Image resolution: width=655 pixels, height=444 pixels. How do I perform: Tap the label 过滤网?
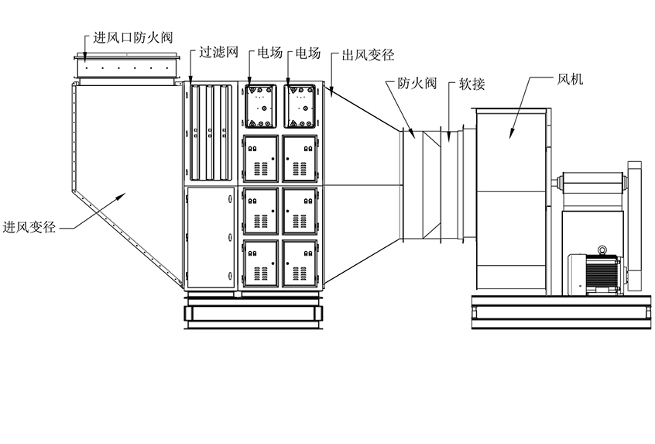(x=218, y=53)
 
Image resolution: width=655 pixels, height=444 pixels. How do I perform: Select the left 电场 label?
(x=269, y=53)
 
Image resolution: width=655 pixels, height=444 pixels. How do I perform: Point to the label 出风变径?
(x=368, y=55)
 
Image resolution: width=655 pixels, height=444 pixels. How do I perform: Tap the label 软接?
(x=472, y=83)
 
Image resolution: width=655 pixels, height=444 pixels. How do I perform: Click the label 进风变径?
(x=29, y=227)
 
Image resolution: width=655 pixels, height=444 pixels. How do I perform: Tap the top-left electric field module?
(x=261, y=108)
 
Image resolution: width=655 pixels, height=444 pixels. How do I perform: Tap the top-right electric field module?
(x=300, y=108)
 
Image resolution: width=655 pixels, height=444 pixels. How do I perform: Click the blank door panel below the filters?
(x=210, y=237)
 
